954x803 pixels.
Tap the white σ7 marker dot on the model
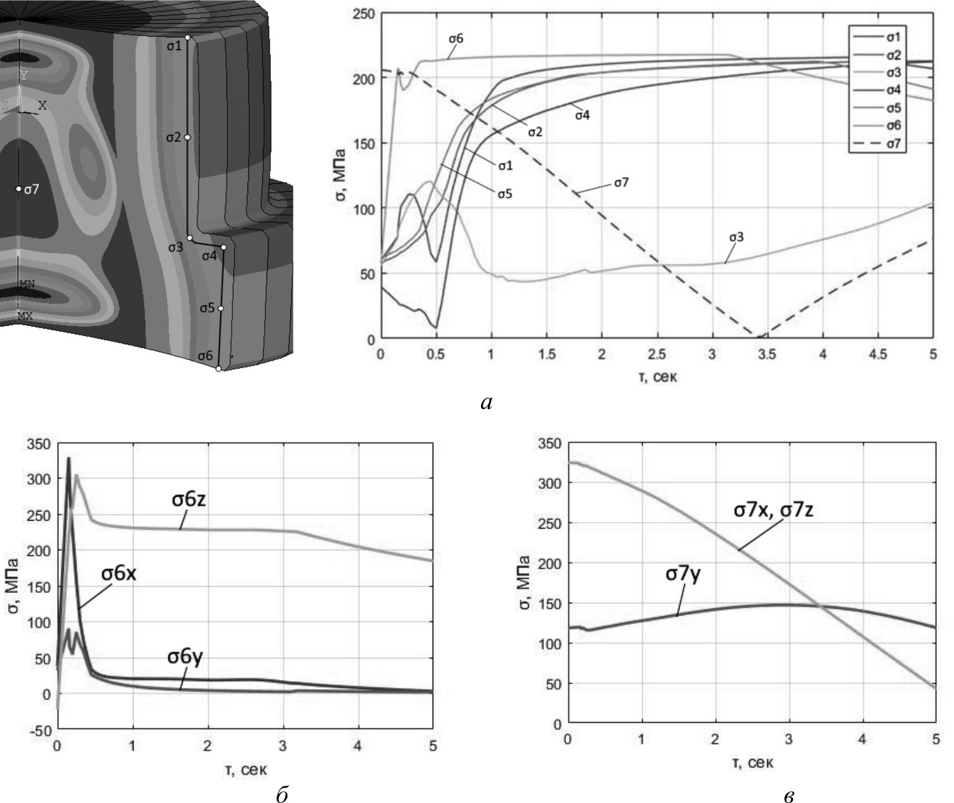click(19, 189)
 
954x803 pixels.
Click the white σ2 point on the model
click(187, 137)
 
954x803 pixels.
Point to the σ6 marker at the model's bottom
click(218, 369)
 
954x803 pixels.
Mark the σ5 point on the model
click(221, 308)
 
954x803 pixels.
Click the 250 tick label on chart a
click(364, 13)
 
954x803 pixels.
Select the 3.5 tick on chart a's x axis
click(767, 355)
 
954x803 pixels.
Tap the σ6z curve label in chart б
click(189, 499)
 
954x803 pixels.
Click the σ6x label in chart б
click(119, 574)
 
